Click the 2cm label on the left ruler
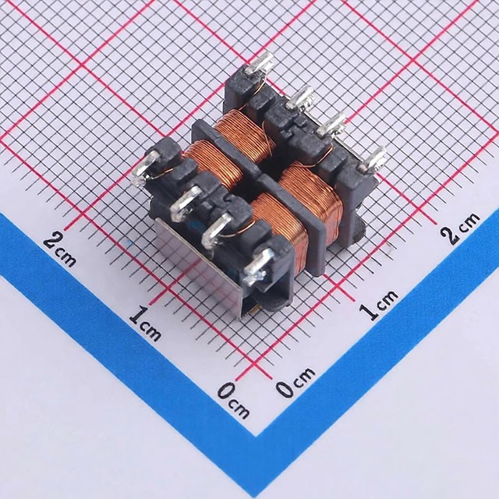[60, 250]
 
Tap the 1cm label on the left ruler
[145, 323]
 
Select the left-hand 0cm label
[233, 400]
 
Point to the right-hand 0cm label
[295, 382]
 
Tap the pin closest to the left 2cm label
[145, 168]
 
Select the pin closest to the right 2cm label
[373, 158]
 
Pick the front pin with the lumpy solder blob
[257, 267]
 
